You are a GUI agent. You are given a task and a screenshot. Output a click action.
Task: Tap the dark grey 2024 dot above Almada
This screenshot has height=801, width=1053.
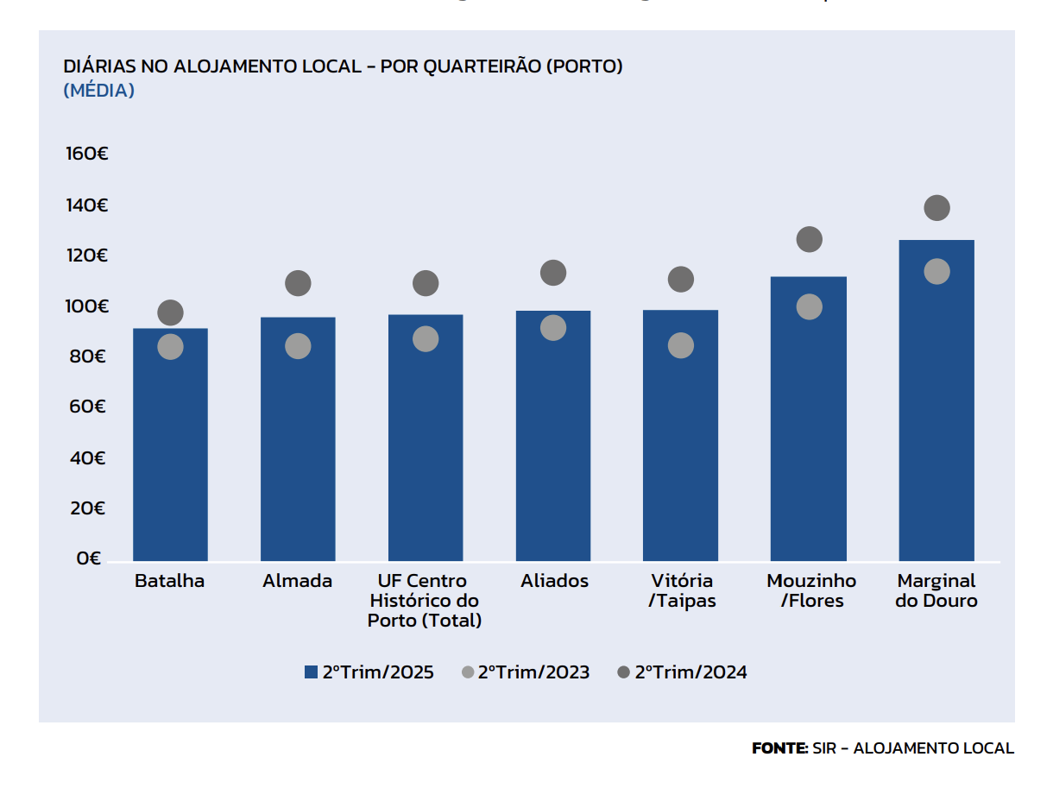pyautogui.click(x=298, y=283)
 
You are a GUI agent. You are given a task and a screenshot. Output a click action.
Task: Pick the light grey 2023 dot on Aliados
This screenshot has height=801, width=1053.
pyautogui.click(x=553, y=328)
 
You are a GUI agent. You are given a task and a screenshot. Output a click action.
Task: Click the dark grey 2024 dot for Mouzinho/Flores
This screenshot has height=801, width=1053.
pyautogui.click(x=809, y=239)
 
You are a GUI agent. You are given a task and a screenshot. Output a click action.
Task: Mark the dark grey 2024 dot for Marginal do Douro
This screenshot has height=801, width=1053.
pyautogui.click(x=936, y=208)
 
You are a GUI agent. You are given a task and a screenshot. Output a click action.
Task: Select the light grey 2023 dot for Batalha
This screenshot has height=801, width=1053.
pyautogui.click(x=171, y=347)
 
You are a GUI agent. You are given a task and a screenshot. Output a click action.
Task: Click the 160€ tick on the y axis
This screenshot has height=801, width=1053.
pyautogui.click(x=86, y=155)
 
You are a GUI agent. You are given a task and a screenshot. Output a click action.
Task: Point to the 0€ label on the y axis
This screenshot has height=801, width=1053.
pyautogui.click(x=89, y=558)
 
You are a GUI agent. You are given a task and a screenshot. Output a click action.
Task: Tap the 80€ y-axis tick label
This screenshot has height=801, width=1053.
pyautogui.click(x=86, y=356)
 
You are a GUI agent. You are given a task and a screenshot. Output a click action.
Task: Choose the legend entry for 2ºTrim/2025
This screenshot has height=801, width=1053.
pyautogui.click(x=369, y=672)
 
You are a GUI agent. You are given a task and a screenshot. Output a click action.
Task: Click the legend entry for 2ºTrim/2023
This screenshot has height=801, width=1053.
pyautogui.click(x=526, y=672)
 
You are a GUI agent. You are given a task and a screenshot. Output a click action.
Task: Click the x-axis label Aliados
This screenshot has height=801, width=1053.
pyautogui.click(x=554, y=581)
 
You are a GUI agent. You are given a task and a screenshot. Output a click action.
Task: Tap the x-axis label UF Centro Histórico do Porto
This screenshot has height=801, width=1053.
pyautogui.click(x=425, y=600)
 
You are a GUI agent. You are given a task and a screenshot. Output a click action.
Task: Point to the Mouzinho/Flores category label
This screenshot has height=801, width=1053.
pyautogui.click(x=811, y=590)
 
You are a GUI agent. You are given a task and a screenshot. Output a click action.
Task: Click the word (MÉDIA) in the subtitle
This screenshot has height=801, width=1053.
pyautogui.click(x=99, y=91)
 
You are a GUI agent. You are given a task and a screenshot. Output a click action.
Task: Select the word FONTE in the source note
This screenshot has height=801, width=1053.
pyautogui.click(x=779, y=748)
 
